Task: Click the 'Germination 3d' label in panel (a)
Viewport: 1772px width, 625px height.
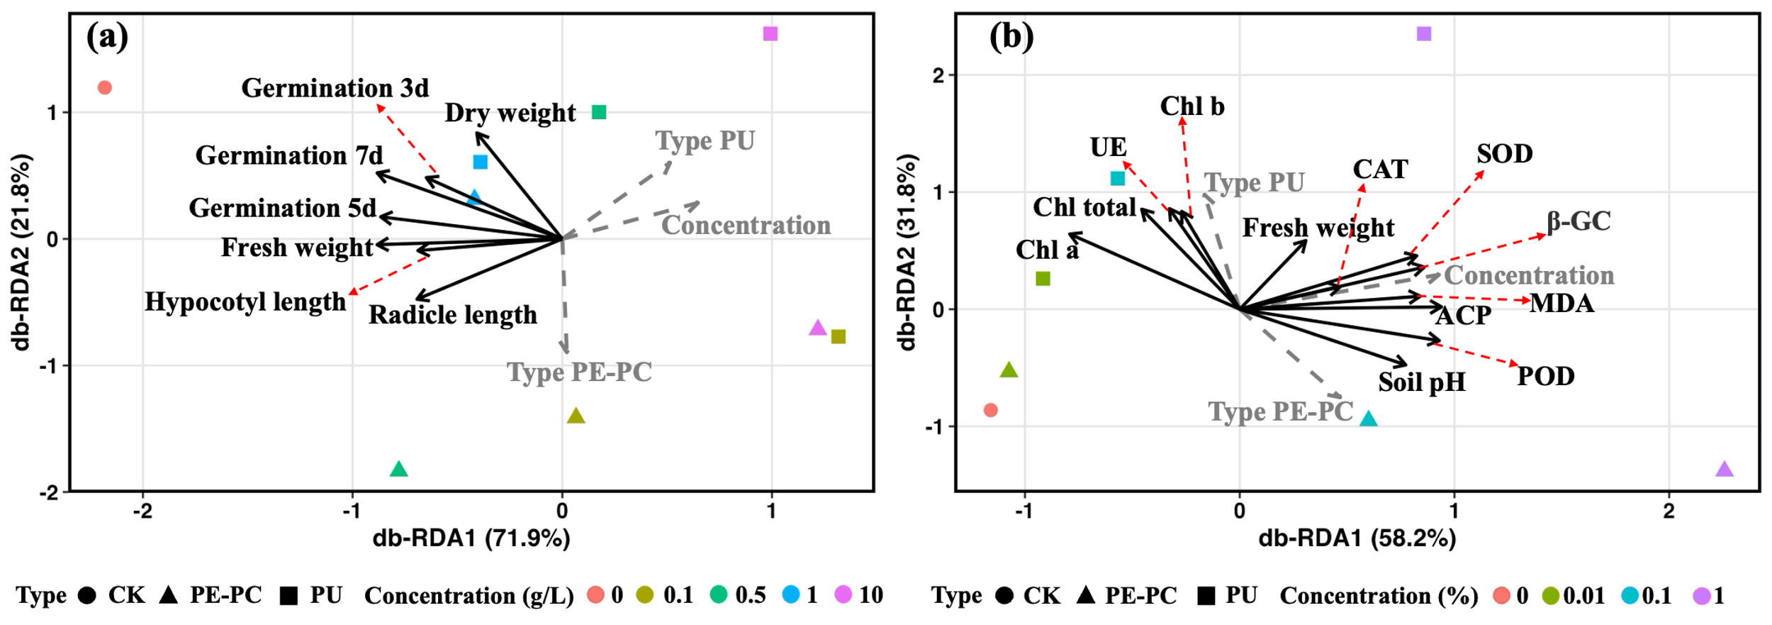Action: (x=335, y=88)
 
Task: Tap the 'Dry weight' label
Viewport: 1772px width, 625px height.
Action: (x=510, y=113)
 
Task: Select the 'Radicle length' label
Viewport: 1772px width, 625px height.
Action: (x=452, y=314)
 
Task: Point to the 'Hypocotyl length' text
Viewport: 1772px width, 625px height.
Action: (x=245, y=302)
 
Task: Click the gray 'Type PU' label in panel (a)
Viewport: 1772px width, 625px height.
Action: (x=705, y=140)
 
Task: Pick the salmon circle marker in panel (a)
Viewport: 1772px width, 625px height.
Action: (x=105, y=88)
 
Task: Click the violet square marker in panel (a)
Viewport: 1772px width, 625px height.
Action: (x=770, y=34)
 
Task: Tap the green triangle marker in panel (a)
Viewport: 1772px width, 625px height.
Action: (x=399, y=469)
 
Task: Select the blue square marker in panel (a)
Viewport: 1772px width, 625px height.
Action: (x=481, y=162)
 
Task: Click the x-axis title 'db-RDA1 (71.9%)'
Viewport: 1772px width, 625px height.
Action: (x=471, y=538)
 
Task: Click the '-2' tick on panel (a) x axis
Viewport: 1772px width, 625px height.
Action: (x=142, y=511)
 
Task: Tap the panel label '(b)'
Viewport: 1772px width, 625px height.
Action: (x=1011, y=36)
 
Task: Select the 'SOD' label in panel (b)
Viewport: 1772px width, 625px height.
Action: (x=1504, y=154)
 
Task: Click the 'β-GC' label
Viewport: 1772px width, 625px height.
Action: (x=1578, y=221)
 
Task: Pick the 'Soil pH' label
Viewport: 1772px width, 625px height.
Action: (x=1421, y=382)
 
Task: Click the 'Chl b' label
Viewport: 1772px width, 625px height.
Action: (x=1191, y=106)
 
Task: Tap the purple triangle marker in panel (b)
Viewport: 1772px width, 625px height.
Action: (x=1725, y=469)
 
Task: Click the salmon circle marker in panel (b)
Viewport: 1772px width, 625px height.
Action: (x=991, y=410)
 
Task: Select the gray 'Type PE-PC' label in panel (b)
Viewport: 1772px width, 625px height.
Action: (x=1280, y=411)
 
